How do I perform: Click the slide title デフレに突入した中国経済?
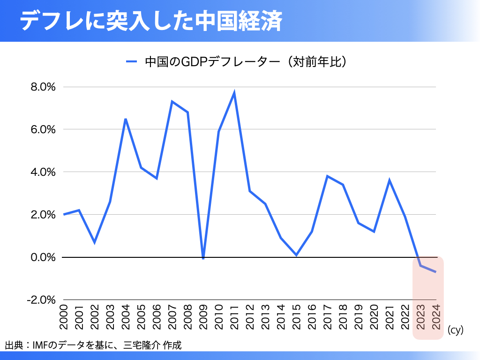[x=151, y=21]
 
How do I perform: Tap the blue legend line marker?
[x=132, y=61]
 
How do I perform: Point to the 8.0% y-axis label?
[x=44, y=87]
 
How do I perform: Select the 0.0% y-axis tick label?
[x=44, y=257]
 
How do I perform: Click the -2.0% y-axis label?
[x=42, y=300]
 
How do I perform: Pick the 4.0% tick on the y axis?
[x=44, y=172]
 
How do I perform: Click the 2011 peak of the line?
[x=234, y=93]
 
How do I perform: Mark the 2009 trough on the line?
[x=203, y=258]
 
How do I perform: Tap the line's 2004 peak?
[x=126, y=119]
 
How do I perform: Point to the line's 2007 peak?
[x=172, y=102]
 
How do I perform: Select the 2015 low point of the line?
[x=296, y=255]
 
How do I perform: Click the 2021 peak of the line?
[x=389, y=180]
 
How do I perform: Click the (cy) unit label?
[x=455, y=330]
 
